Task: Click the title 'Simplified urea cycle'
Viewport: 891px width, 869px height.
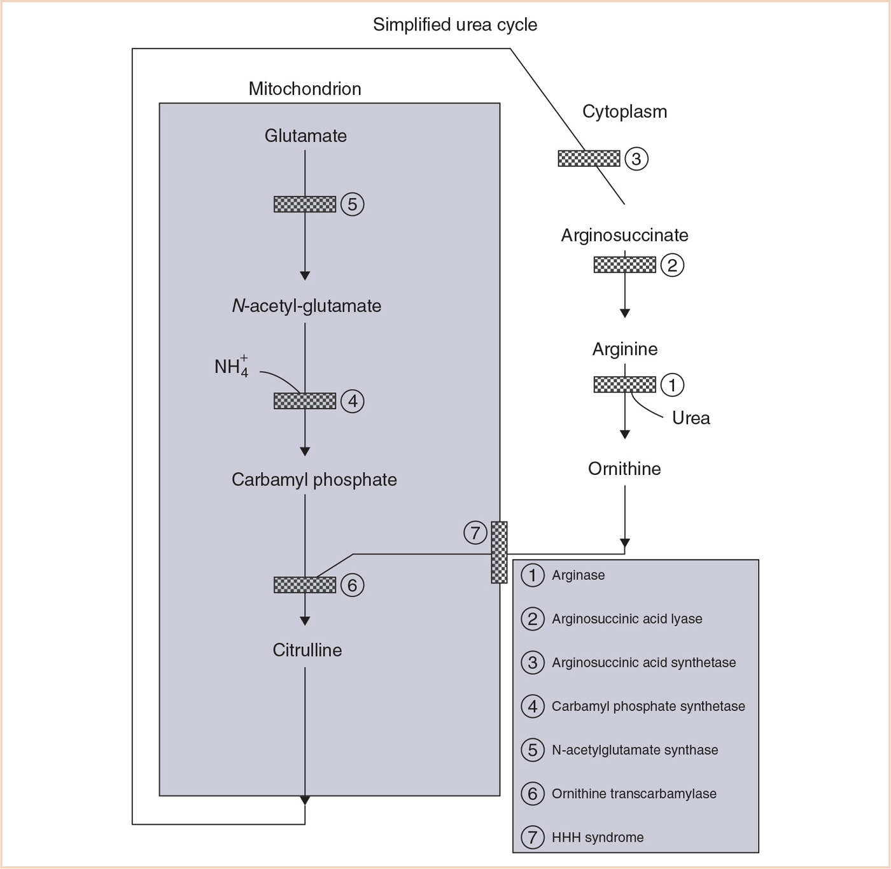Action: (x=454, y=25)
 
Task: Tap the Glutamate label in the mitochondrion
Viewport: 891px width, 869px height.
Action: (x=305, y=136)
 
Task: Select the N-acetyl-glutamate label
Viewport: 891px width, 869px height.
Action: (x=306, y=306)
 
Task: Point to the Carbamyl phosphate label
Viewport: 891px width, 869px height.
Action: (x=314, y=479)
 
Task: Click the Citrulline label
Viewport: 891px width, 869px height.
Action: (x=307, y=650)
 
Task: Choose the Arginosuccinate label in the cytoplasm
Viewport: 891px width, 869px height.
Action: (x=624, y=236)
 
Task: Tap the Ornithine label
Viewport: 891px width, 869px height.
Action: (x=624, y=469)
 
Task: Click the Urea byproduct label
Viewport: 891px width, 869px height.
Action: (x=691, y=418)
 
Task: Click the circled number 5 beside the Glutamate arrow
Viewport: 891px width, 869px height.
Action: (x=353, y=204)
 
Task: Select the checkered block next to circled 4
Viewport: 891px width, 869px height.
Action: (x=305, y=401)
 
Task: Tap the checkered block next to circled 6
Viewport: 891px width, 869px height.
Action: (x=305, y=585)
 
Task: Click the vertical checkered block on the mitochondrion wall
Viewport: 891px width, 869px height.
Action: (x=500, y=553)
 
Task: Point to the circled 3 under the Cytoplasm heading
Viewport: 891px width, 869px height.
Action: (x=636, y=159)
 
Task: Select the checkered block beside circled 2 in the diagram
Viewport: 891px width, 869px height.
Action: (x=624, y=265)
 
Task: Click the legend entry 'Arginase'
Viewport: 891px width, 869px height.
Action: (x=578, y=576)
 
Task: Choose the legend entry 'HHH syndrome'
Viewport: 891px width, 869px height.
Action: (x=597, y=838)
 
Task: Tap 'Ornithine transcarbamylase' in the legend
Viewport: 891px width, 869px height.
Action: (x=634, y=794)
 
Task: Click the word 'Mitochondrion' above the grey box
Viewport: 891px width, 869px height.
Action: (x=305, y=88)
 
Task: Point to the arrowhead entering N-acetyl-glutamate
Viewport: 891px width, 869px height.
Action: (x=305, y=276)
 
